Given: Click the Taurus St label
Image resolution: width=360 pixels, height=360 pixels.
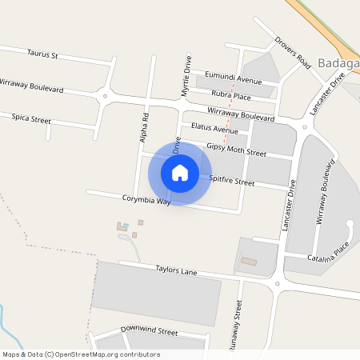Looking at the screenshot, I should coord(43,55).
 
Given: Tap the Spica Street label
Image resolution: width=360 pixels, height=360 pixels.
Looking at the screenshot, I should coord(31,118).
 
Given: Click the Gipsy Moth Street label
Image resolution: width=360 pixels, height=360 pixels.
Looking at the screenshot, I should coord(236,149).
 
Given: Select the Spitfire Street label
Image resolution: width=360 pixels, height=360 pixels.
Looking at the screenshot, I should coord(231,182).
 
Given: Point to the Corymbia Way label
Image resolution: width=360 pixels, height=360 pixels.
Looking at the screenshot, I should coord(146,201).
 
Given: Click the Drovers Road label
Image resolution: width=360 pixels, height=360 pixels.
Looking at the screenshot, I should coord(292,53).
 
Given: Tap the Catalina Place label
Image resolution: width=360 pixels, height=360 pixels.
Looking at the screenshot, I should coord(330,257).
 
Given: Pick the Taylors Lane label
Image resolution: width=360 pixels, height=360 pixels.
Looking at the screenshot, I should coord(176,271).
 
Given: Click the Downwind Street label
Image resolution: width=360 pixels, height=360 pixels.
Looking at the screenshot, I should coord(149,330).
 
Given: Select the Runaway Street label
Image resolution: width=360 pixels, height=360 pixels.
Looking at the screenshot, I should coord(238,326).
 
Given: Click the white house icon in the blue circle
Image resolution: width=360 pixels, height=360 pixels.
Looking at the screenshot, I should coord(180,173).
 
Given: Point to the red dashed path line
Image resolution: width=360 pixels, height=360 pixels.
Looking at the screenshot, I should coord(232,100).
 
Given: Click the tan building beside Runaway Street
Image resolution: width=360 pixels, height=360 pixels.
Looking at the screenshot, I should coord(250,261).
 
